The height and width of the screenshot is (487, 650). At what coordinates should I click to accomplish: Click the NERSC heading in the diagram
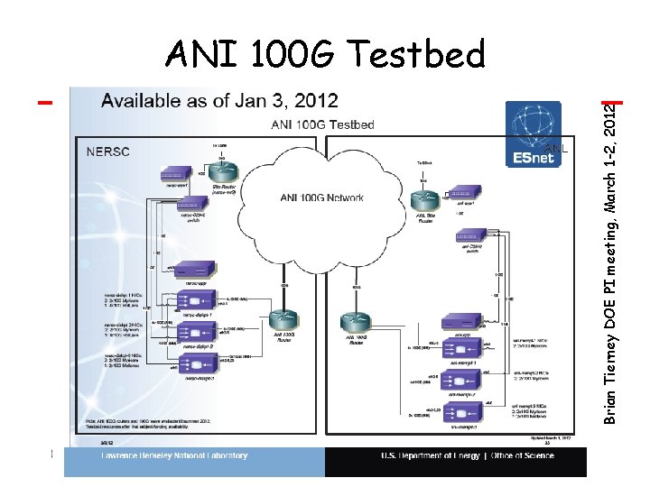108,152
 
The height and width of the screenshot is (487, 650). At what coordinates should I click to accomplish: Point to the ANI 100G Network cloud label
321,197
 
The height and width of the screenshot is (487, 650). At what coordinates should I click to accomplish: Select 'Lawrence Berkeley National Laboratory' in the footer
173,456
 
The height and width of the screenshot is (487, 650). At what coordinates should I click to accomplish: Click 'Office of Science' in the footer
524,456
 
